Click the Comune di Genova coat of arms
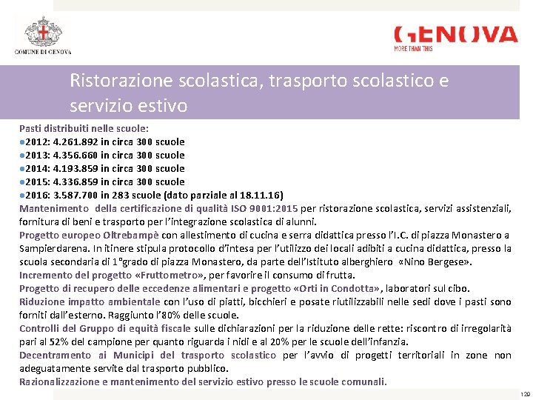click(42, 31)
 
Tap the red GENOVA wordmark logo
click(455, 35)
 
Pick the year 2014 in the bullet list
click(37, 168)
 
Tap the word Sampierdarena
click(51, 248)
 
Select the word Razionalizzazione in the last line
click(62, 381)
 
